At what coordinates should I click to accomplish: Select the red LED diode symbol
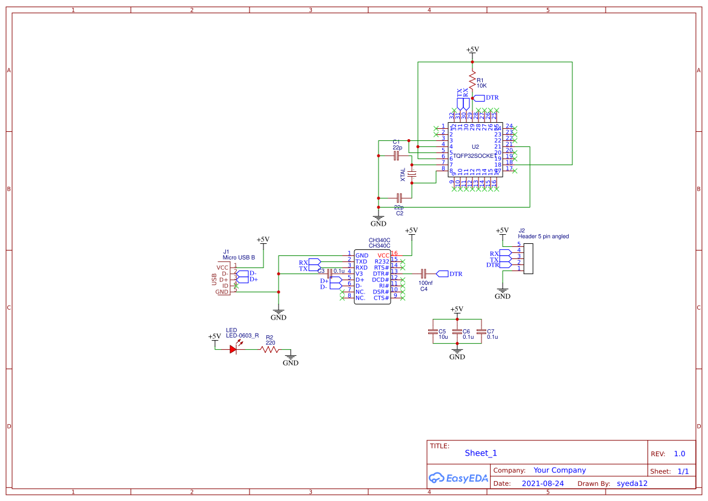[234, 349]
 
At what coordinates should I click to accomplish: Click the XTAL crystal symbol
[412, 175]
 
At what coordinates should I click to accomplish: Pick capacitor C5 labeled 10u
[432, 332]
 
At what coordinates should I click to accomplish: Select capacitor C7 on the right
[481, 332]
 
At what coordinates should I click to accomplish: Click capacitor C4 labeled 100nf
[423, 273]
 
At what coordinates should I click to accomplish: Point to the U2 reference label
[475, 147]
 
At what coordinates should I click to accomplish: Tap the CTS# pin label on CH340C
[381, 298]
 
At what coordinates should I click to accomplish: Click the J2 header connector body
[528, 258]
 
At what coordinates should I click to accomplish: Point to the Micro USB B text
[238, 257]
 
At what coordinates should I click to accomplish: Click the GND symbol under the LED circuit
[291, 359]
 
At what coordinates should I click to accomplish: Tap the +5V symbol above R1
[472, 51]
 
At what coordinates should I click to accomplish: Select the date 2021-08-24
[543, 483]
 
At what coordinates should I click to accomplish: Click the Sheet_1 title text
[481, 453]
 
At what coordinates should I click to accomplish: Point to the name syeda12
[632, 483]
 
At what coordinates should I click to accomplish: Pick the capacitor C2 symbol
[399, 198]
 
